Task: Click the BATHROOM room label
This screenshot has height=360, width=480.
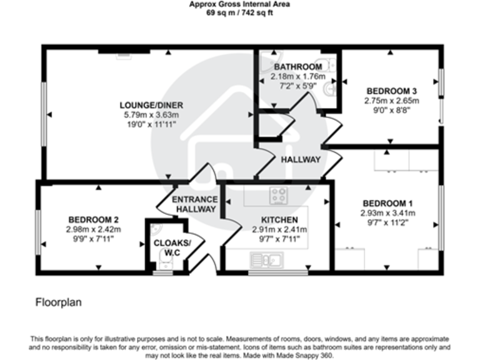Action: pos(297,67)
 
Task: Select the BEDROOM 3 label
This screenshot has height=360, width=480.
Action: pos(391,90)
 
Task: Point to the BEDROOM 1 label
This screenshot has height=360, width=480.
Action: pos(388,203)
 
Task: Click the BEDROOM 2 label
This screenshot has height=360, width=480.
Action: pos(93,219)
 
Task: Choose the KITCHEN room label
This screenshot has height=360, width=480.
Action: pos(279,219)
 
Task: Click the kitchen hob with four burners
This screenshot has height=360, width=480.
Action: pos(278,196)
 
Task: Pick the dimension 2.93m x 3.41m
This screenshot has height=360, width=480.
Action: pos(388,213)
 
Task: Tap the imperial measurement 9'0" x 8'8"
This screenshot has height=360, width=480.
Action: pos(391,110)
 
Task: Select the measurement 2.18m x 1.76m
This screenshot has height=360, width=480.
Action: pos(294,76)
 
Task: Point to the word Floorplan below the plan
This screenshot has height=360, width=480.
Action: pos(57,302)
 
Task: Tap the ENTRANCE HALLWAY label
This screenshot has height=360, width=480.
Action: pos(194,204)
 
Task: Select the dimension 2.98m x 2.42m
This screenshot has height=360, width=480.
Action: pos(93,229)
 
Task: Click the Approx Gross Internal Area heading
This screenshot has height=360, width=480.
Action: pos(239,4)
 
